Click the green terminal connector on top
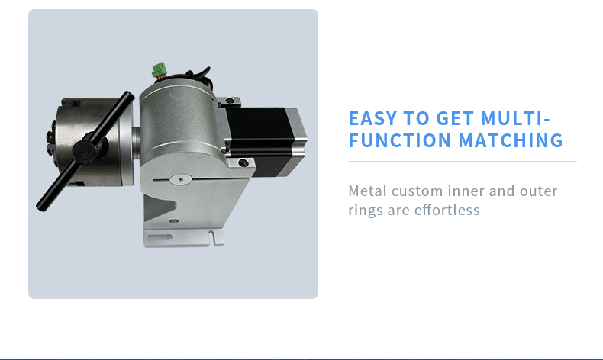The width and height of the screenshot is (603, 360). point(160,70)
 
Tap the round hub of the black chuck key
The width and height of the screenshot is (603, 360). point(83,149)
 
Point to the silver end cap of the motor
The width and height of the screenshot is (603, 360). point(298,141)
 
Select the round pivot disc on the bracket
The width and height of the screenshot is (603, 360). point(181,179)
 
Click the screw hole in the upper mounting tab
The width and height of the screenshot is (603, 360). point(230,101)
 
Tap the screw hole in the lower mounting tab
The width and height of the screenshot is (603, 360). point(243,163)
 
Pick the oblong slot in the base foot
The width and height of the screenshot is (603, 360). point(159,237)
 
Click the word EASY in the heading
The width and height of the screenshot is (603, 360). point(372,118)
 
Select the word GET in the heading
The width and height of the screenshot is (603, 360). point(455,118)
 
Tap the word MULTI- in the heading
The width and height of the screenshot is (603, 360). point(515,118)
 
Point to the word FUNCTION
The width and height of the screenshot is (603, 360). point(399,140)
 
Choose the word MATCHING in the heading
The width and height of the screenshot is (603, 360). point(511,140)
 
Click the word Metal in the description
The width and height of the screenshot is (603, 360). point(369,191)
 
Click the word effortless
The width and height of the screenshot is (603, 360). point(447,210)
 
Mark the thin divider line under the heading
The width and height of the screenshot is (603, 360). point(463,162)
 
